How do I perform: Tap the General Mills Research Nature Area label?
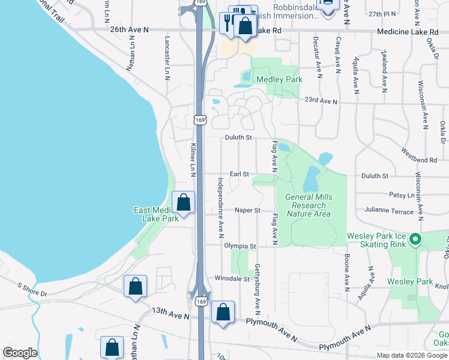tap(309, 205)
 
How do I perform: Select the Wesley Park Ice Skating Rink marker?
tap(415, 241)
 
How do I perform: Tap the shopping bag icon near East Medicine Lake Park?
tap(184, 203)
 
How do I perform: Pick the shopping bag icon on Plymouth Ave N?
tap(223, 312)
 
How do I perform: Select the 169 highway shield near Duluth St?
tap(200, 120)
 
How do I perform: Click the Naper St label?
tap(247, 211)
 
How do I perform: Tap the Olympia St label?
tap(240, 246)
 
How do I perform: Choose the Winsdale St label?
tap(232, 279)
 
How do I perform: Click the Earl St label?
tap(239, 174)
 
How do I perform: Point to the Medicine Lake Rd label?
tap(405, 31)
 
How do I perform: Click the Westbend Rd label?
tap(420, 161)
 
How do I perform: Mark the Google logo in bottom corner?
tap(20, 353)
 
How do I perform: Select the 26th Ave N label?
tap(129, 29)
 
